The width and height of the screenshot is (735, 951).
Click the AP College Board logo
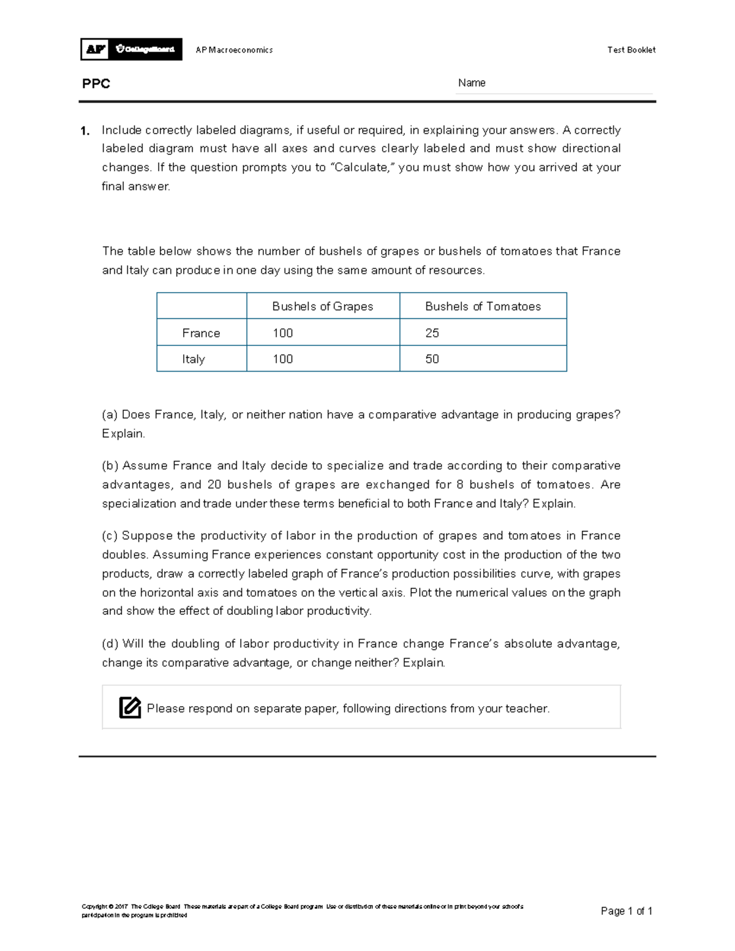point(131,49)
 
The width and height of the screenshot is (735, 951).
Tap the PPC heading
point(96,84)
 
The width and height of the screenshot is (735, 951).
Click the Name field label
point(472,83)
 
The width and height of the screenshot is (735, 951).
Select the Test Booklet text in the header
point(631,50)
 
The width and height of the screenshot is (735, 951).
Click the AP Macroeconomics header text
point(234,50)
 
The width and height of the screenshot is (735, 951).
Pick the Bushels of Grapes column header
point(322,306)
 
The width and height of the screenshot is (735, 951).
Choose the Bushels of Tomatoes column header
point(483,306)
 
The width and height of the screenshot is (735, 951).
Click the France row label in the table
point(201,333)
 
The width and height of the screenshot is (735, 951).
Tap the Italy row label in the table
point(194,359)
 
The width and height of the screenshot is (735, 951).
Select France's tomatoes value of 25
point(432,333)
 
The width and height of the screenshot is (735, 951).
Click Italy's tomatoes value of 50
point(432,359)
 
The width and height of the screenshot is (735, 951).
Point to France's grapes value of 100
point(283,333)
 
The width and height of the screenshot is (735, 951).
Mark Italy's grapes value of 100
point(283,359)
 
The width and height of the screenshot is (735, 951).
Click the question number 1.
point(85,130)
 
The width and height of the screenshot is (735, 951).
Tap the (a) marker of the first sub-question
point(110,415)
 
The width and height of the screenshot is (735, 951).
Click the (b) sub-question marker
point(110,465)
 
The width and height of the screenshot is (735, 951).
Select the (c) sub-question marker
point(110,536)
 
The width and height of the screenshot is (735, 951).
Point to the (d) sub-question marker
point(110,644)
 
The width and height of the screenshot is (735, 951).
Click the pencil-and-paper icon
point(130,707)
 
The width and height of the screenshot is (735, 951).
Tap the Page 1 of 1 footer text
point(626,911)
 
